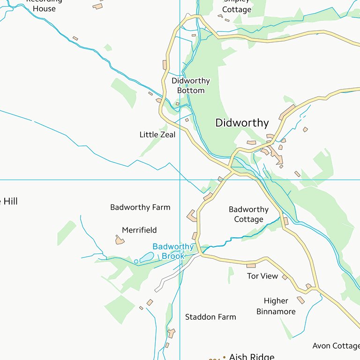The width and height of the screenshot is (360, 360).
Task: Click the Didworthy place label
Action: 242,123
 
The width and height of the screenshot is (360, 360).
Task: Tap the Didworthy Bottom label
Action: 190,85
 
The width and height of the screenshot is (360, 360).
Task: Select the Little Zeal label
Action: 157,135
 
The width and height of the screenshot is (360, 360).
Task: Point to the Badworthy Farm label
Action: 140,207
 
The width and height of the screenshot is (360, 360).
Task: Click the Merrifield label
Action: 139,230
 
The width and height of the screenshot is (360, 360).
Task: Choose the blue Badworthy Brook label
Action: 172,251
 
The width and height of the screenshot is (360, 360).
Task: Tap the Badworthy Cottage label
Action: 248,214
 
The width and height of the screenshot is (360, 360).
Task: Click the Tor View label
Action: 262,276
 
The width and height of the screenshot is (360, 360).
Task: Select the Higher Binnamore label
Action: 276,306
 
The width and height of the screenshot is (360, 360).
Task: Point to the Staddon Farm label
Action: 210,317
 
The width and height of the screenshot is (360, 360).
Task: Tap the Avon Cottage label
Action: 336,346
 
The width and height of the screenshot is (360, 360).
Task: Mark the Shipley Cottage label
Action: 237,6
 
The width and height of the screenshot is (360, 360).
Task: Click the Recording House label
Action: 44,5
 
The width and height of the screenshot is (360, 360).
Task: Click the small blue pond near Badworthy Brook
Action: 146,257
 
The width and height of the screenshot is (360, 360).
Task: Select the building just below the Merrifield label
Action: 120,240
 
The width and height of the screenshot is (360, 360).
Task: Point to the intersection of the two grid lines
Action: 180,180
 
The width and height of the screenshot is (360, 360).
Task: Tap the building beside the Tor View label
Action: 285,277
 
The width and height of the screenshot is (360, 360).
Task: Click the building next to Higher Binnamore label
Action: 300,300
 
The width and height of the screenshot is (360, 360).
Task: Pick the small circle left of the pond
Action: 136,261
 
